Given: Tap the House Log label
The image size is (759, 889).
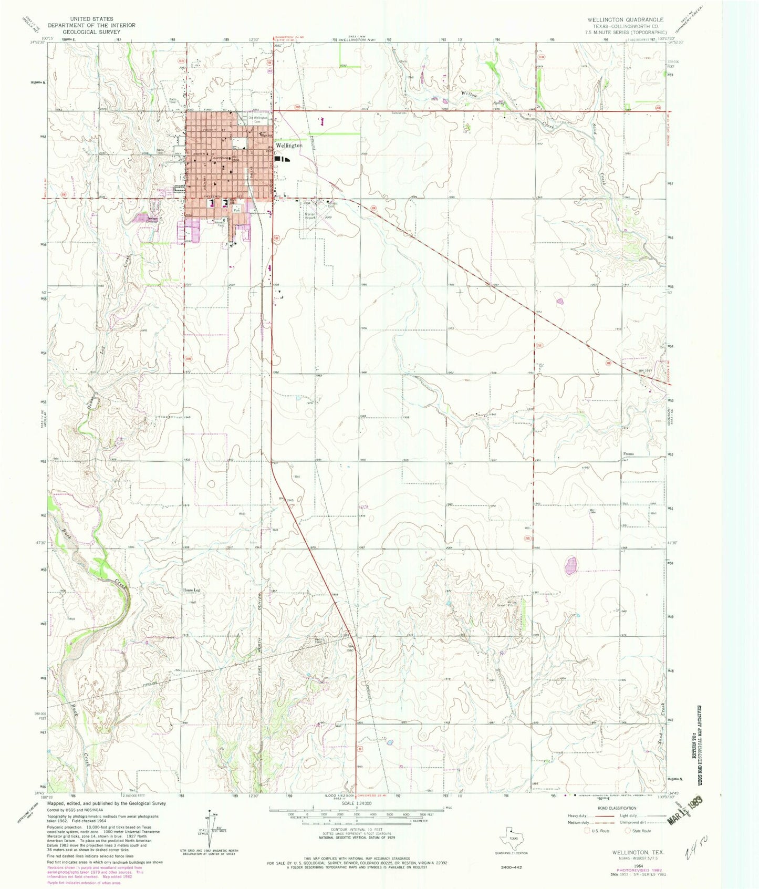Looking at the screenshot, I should (x=191, y=590).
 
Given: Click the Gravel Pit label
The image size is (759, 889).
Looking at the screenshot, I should (x=513, y=605).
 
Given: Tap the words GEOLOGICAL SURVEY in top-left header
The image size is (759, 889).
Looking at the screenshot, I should (x=91, y=32).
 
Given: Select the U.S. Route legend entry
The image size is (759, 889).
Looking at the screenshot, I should (x=597, y=831).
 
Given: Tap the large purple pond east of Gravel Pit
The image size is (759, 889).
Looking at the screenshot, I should (x=571, y=566).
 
